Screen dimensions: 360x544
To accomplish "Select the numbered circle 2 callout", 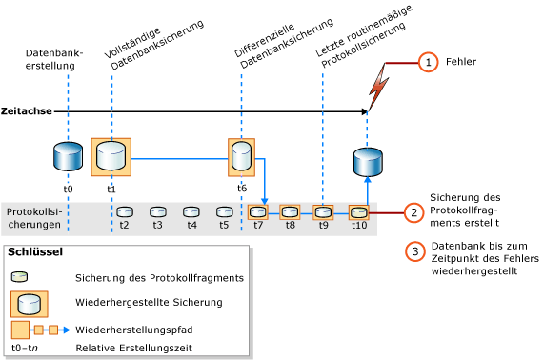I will point(413,212).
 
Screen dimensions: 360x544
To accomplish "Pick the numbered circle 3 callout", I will point(413,251).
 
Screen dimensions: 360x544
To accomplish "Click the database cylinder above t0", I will point(68,155).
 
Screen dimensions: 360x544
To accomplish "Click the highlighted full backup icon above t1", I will point(111,156).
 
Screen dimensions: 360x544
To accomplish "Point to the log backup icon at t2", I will point(124,211).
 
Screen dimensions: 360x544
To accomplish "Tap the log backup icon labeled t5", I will point(224,211).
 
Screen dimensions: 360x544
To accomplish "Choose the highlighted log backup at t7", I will point(258,211).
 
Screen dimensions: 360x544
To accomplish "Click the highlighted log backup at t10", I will point(358,211).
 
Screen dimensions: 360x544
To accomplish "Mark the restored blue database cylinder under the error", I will point(367,161).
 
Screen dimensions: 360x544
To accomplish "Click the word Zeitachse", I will point(27,111).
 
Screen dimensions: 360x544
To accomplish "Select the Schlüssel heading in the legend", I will point(35,253).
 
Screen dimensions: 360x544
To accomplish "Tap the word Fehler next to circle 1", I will point(460,62).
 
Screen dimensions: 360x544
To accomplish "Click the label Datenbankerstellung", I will point(53,59).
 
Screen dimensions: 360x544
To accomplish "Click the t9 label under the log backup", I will point(324,226).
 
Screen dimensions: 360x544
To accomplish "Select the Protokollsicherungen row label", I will point(34,218).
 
